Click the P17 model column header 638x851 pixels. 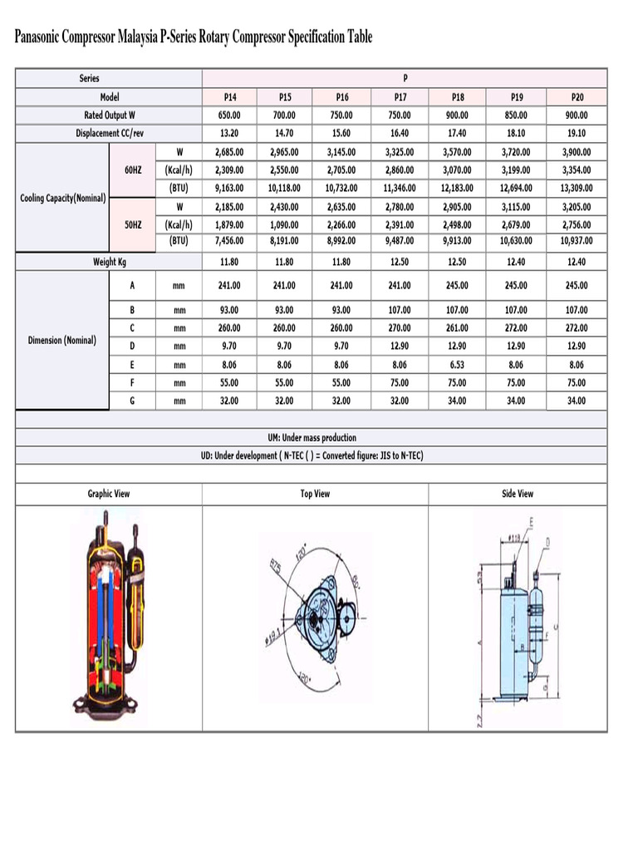coord(400,97)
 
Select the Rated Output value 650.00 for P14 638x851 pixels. coord(229,116)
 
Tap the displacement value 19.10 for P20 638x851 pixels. coord(577,133)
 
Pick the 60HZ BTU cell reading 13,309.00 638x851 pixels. coord(577,188)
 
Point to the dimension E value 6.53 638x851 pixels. coord(458,364)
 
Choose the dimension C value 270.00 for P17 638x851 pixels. coord(400,327)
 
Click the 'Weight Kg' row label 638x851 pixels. coord(109,262)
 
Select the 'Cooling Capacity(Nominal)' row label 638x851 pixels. coord(62,198)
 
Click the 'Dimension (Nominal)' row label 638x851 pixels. coord(62,341)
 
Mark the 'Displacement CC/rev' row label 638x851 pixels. coord(109,133)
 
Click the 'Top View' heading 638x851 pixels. coord(315,494)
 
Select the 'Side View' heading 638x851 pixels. coord(517,494)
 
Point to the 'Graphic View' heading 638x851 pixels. coord(109,494)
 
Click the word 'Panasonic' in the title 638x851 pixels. coord(44,37)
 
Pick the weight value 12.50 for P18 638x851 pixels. coord(458,262)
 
